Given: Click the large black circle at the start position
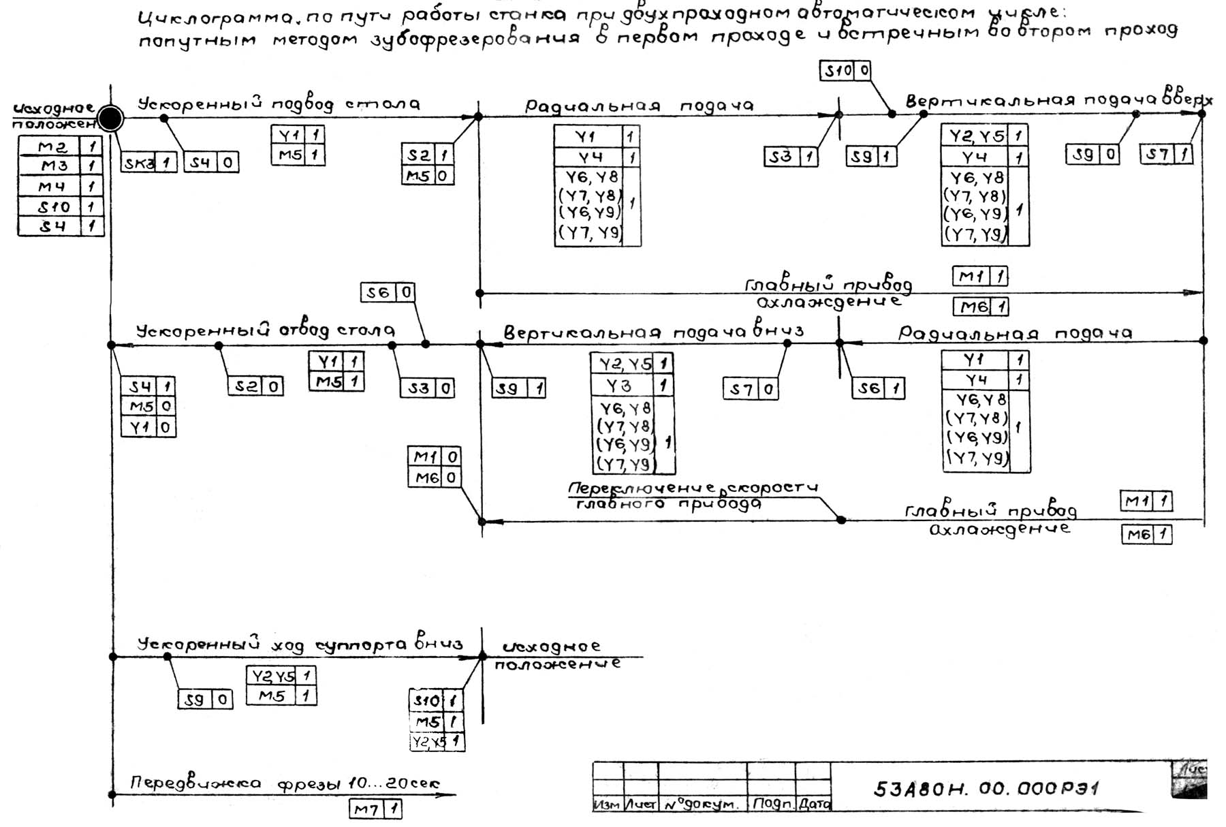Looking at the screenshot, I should (110, 119).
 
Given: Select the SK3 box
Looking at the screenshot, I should (148, 162).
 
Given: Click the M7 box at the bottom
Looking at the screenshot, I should (375, 809).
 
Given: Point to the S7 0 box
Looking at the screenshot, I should (750, 390).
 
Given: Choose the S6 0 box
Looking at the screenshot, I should (387, 293).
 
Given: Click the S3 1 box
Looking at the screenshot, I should (790, 157).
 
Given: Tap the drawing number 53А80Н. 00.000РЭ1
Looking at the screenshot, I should (986, 788).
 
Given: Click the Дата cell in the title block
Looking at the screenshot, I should (813, 804).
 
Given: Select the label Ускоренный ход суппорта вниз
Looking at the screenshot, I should (300, 644).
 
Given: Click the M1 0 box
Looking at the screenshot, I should (434, 456).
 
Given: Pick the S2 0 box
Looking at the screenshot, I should (255, 386).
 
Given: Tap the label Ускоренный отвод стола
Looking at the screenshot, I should (266, 331).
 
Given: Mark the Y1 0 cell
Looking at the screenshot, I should (148, 427).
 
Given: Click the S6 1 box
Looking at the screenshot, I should (878, 389).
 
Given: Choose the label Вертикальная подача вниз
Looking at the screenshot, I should (653, 332).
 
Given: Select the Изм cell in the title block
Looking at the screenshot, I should (608, 805).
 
